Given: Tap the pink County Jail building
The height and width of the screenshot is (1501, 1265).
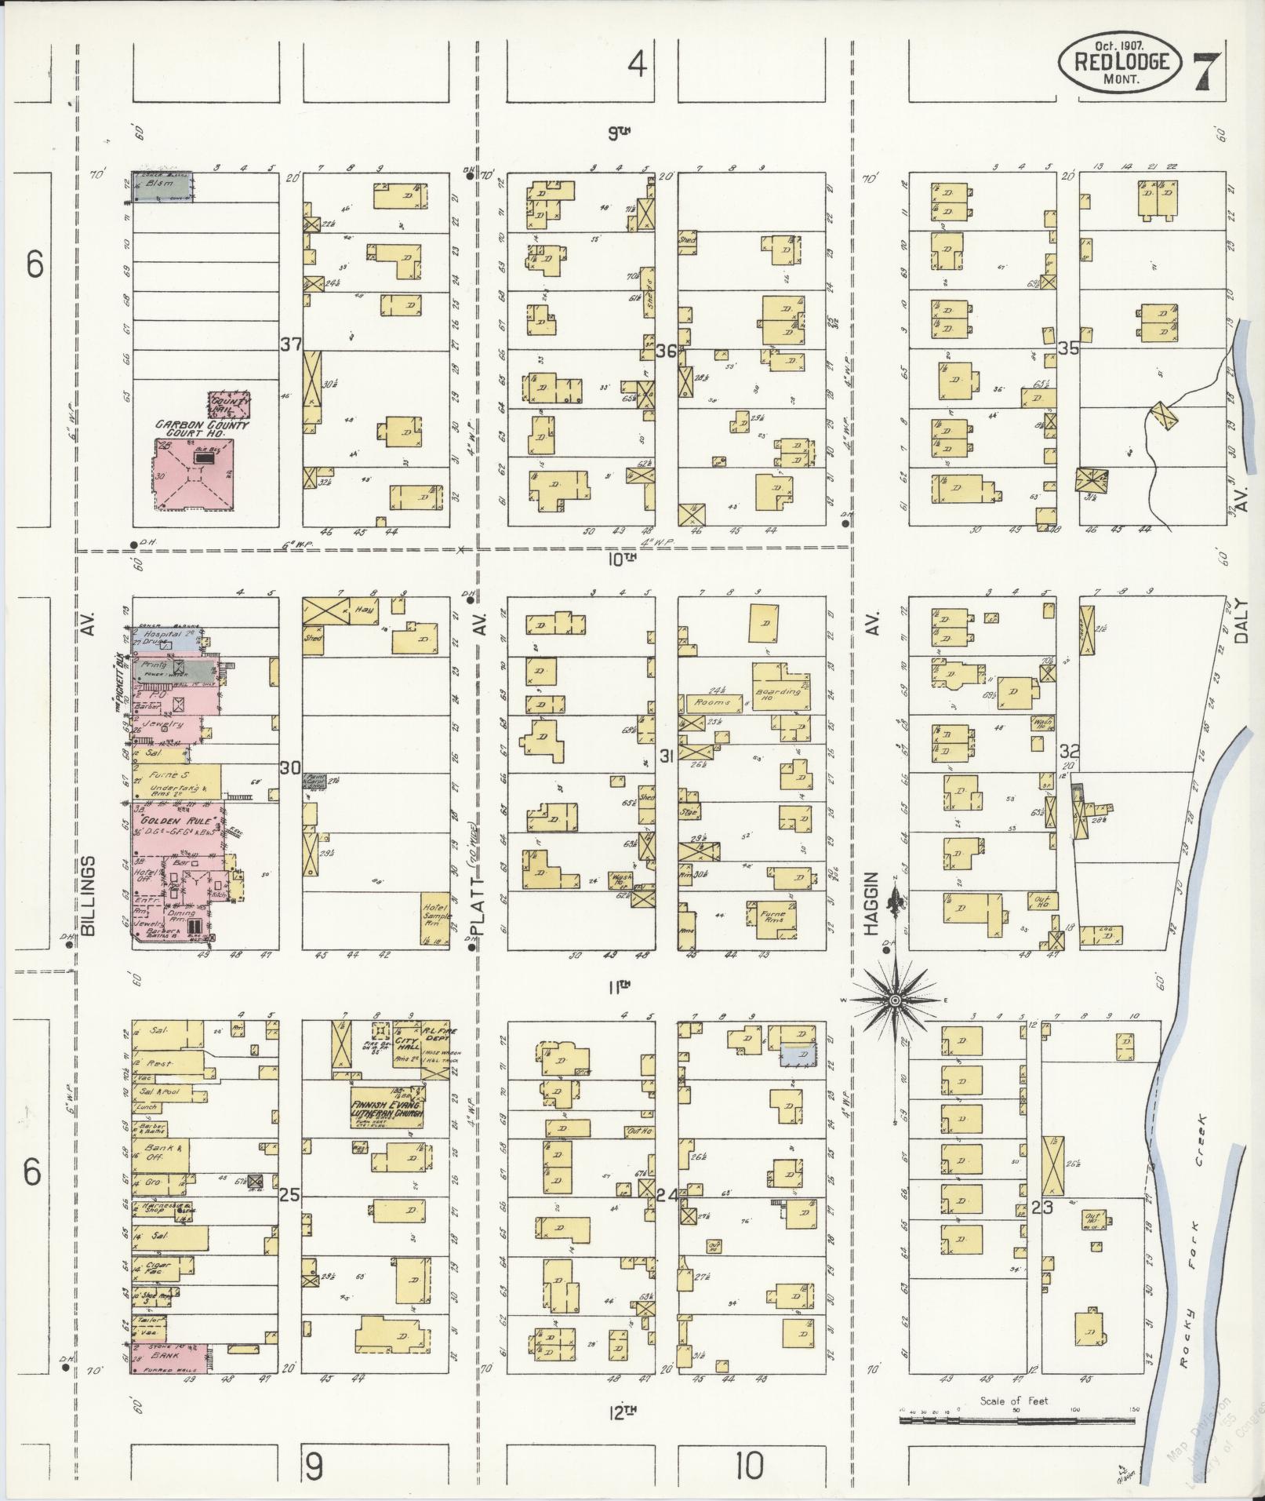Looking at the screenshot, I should (229, 404).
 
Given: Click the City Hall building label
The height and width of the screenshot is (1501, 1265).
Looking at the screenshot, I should (406, 1041).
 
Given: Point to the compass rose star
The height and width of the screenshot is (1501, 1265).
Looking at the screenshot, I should (894, 1001).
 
